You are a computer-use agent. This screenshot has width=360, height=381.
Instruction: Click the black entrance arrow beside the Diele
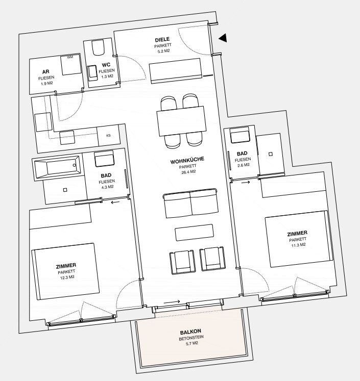[223, 38]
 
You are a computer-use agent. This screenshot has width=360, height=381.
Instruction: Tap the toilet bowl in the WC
[98, 47]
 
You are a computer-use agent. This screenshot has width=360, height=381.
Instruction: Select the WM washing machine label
[70, 57]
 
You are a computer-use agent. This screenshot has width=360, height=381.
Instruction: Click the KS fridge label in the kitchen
[108, 135]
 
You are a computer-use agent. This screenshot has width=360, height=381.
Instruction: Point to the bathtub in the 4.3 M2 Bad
[57, 167]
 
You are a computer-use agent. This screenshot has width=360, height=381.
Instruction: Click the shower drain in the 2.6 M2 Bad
[271, 154]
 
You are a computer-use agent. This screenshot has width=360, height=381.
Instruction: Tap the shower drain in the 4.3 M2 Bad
[65, 190]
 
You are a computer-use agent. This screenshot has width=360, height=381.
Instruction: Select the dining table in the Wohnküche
[181, 121]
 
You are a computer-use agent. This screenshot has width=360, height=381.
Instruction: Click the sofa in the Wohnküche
[190, 203]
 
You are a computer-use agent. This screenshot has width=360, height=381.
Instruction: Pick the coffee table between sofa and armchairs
[194, 233]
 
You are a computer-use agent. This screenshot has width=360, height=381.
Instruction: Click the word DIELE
[162, 39]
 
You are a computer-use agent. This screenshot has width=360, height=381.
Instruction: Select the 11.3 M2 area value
[298, 245]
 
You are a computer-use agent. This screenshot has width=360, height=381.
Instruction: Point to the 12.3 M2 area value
[67, 277]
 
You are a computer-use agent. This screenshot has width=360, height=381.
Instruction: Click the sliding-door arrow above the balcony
[172, 302]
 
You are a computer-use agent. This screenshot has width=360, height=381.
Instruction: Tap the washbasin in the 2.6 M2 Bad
[240, 136]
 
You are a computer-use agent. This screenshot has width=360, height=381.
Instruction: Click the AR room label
[46, 72]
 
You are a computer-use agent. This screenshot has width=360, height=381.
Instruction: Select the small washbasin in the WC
[92, 73]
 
